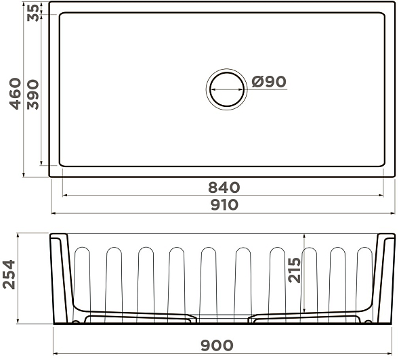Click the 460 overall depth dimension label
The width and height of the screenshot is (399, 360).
(x=15, y=94)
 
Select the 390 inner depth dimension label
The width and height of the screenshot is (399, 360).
(x=33, y=95)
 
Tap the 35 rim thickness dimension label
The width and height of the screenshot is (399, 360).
(x=33, y=13)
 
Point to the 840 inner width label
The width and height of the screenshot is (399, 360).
(x=224, y=187)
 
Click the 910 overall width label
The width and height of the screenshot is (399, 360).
(x=224, y=205)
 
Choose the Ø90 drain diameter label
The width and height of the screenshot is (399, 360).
(x=269, y=82)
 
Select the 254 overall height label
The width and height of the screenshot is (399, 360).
(x=9, y=274)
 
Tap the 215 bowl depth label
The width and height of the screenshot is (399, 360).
(x=295, y=270)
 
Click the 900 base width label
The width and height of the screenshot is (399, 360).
(x=217, y=346)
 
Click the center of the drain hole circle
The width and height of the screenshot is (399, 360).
(x=227, y=89)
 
